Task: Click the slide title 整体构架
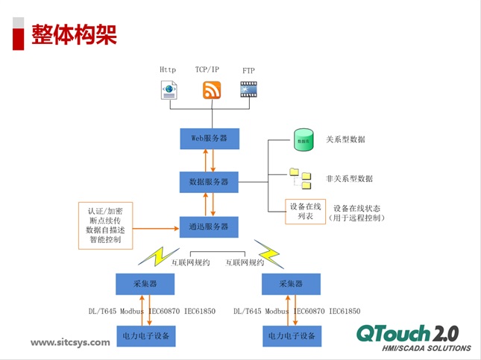pyautogui.click(x=74, y=34)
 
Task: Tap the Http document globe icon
pyautogui.click(x=169, y=91)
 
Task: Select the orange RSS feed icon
pyautogui.click(x=212, y=90)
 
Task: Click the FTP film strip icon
pyautogui.click(x=248, y=90)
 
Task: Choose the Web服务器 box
pyautogui.click(x=210, y=139)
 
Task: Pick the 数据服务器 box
pyautogui.click(x=210, y=181)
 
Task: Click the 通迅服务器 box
pyautogui.click(x=210, y=226)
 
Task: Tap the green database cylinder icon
pyautogui.click(x=304, y=140)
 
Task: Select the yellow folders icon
pyautogui.click(x=301, y=179)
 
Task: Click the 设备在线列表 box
pyautogui.click(x=306, y=212)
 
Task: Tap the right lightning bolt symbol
pyautogui.click(x=268, y=254)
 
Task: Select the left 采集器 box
pyautogui.click(x=145, y=284)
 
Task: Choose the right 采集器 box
pyautogui.click(x=291, y=284)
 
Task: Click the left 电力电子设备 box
pyautogui.click(x=145, y=336)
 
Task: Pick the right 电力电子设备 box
pyautogui.click(x=291, y=336)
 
